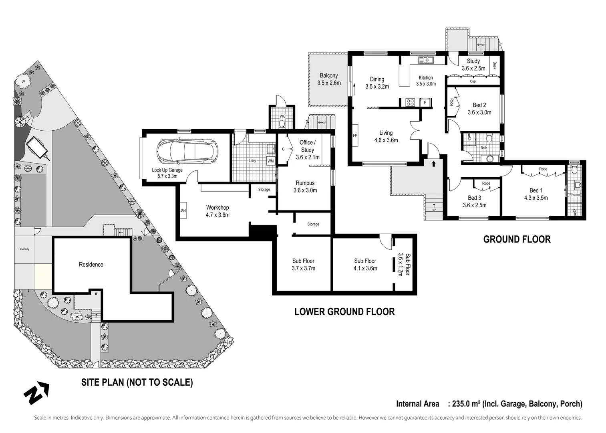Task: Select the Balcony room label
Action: click(x=328, y=75)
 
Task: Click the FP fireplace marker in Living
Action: click(x=355, y=136)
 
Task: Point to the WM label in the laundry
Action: click(x=271, y=161)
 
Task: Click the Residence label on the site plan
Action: click(x=91, y=265)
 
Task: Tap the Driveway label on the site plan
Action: click(x=24, y=249)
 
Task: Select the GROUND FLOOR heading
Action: click(x=517, y=239)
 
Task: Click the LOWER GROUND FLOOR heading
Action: click(x=344, y=312)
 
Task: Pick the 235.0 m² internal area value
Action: click(x=466, y=404)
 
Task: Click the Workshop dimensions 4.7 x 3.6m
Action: click(x=217, y=215)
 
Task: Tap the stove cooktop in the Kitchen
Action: click(x=410, y=102)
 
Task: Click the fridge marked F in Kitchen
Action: click(x=425, y=103)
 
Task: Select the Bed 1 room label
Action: click(x=536, y=190)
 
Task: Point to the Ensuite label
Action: click(x=574, y=195)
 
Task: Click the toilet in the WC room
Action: click(x=282, y=124)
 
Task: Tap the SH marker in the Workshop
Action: click(x=183, y=210)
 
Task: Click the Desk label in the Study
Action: click(x=495, y=65)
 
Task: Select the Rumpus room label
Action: click(x=305, y=183)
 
